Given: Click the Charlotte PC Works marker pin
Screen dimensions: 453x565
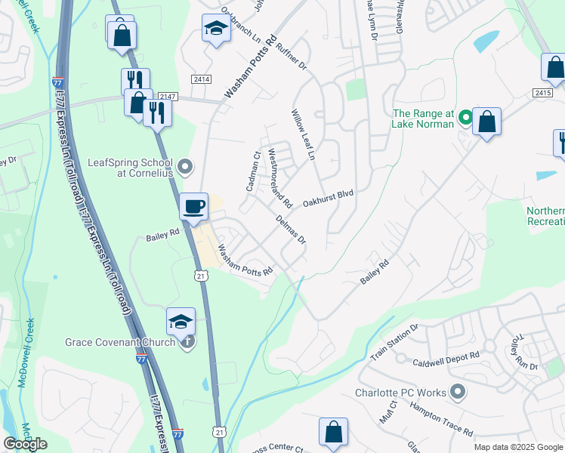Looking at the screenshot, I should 457,392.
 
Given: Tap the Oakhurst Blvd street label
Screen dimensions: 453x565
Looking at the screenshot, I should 328,199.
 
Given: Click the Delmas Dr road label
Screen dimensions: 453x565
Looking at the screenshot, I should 291,230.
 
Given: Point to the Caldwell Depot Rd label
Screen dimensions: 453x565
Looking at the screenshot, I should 446,359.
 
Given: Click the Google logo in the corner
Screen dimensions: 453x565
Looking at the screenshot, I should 25,444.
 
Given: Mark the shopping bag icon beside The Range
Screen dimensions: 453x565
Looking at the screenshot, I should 486,122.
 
